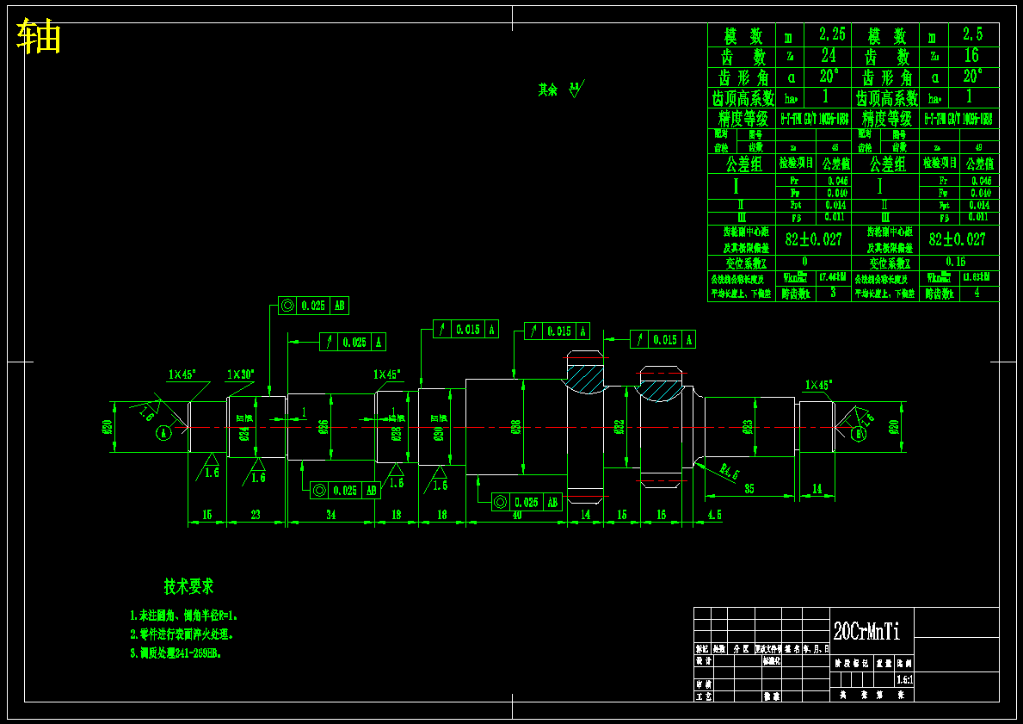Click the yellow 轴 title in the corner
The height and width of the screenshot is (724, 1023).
coord(39,37)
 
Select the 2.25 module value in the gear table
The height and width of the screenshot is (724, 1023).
coord(832,34)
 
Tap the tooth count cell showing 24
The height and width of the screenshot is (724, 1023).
coord(828,56)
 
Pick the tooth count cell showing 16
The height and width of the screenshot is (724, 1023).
coord(971,56)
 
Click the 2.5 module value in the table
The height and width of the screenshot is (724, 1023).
coord(972,34)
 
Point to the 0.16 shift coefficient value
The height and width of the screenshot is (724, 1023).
coord(955,262)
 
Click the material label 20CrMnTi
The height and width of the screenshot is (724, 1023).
coord(866,631)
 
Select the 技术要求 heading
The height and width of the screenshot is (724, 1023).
coord(189,586)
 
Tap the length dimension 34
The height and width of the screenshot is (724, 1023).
coord(330,515)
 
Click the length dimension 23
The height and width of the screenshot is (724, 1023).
coord(256,515)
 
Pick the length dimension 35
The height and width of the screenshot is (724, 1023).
coord(749,489)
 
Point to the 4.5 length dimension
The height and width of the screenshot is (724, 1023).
coord(714,515)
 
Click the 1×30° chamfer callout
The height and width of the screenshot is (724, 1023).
coord(240,374)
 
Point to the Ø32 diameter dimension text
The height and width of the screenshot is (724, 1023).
coord(619,427)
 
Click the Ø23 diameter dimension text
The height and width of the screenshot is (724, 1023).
coord(748,425)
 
